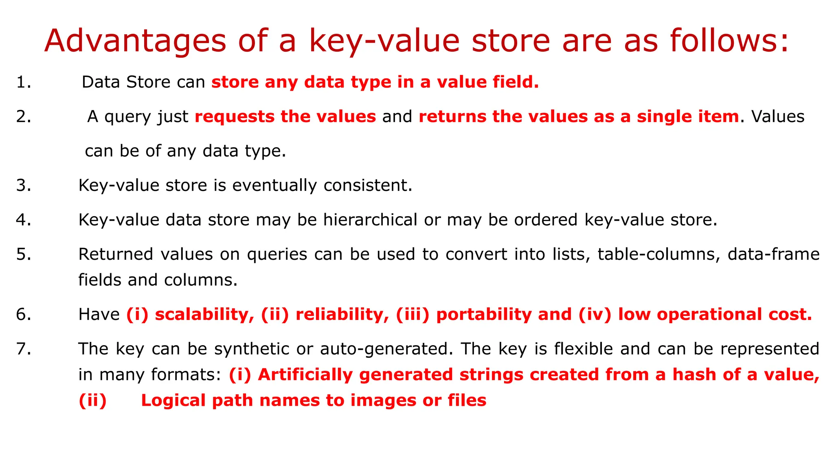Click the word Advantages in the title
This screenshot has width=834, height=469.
tap(135, 41)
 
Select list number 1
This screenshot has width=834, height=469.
tap(24, 82)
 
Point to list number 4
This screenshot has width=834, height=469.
tap(24, 220)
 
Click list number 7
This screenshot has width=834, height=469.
tap(24, 349)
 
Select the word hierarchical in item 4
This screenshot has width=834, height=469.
tap(370, 220)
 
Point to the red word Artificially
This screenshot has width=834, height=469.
tap(305, 375)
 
